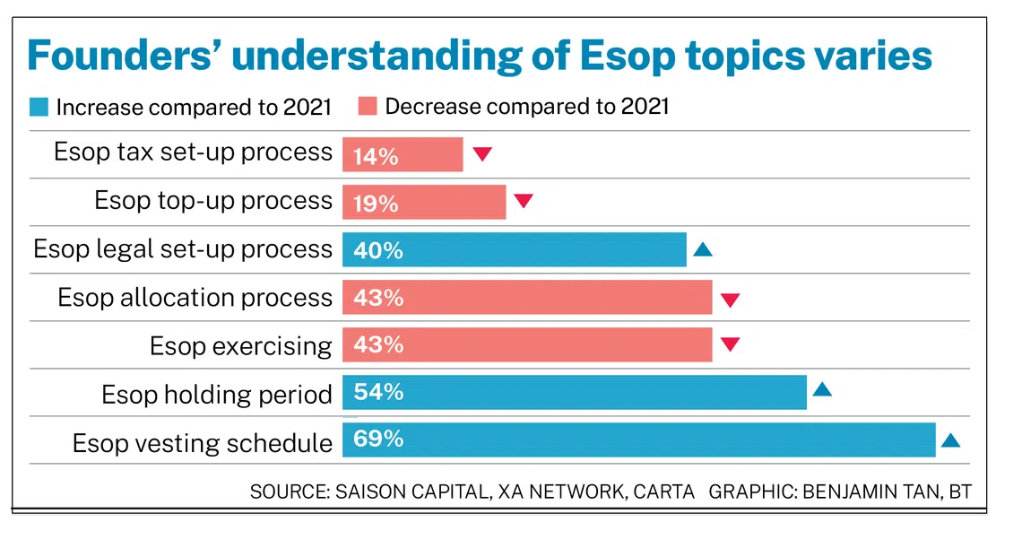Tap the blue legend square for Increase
39,107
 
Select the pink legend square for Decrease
368,107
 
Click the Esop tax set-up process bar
403,154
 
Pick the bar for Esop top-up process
424,202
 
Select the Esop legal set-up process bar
515,250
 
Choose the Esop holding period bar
575,392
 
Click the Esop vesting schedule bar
638,440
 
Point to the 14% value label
376,157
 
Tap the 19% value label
376,205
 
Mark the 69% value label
378,439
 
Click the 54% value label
378,392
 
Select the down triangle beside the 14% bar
482,154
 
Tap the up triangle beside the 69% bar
950,440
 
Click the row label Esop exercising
240,345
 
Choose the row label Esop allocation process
195,298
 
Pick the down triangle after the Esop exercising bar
730,344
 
